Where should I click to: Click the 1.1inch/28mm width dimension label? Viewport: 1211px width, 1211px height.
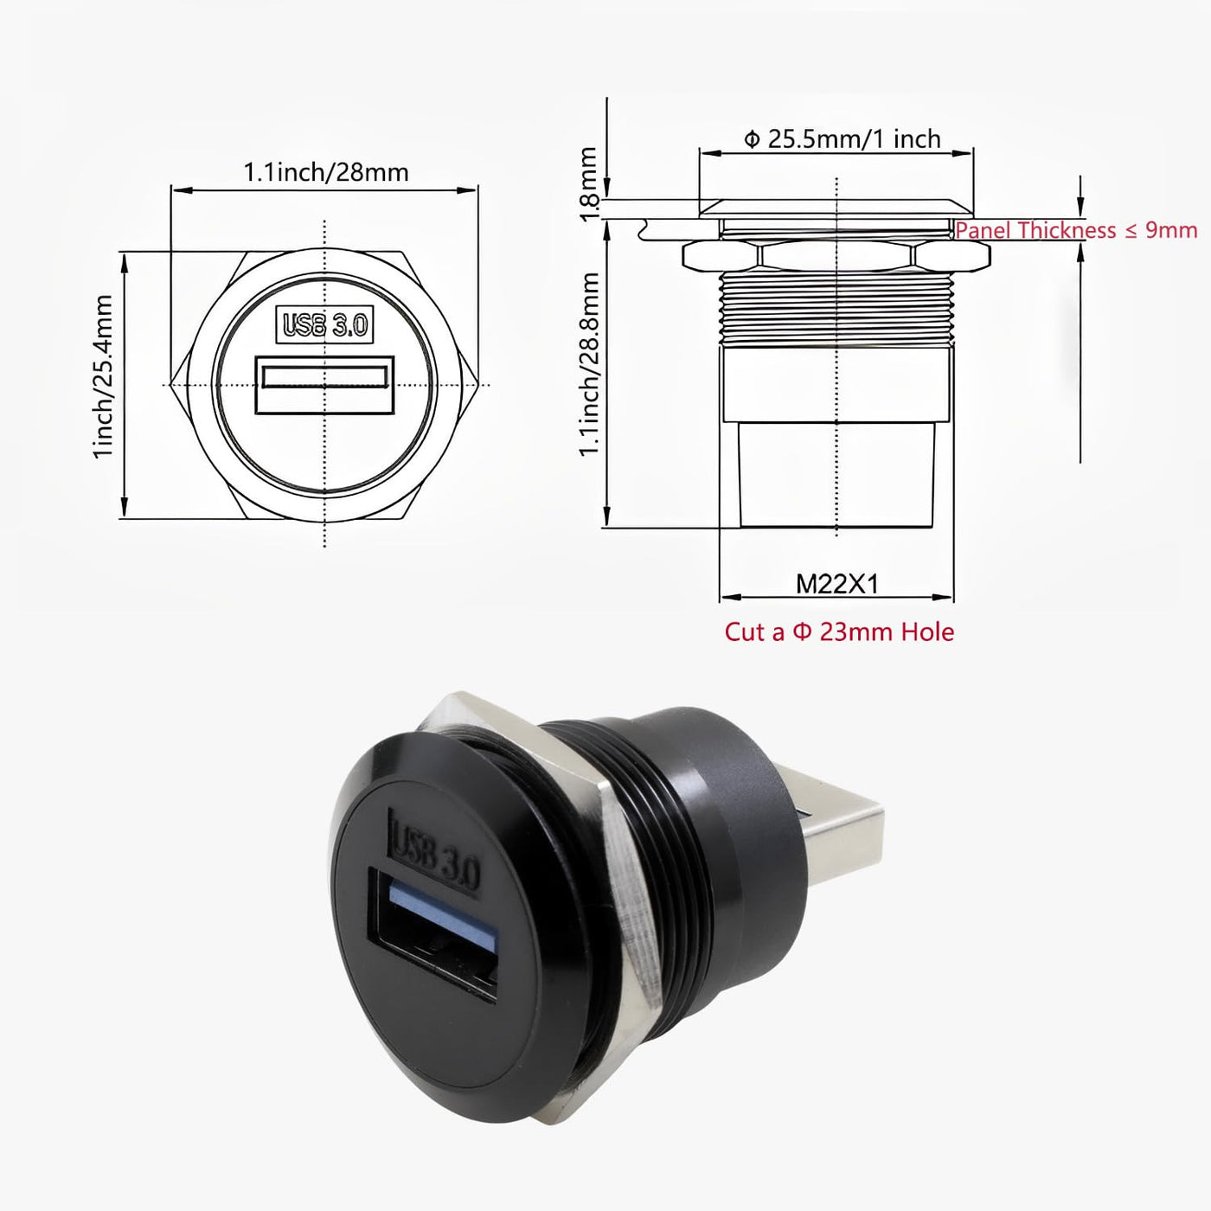(325, 172)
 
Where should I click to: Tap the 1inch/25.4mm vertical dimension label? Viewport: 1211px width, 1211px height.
(102, 377)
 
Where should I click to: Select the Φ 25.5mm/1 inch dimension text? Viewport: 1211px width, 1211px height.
(843, 139)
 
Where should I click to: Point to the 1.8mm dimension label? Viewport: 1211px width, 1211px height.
(588, 184)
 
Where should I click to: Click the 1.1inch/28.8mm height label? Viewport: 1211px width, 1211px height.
(588, 364)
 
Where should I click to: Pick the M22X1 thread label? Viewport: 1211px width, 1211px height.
(836, 585)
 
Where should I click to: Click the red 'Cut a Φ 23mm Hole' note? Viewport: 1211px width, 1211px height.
(840, 631)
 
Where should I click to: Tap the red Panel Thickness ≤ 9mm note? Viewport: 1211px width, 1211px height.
(1077, 230)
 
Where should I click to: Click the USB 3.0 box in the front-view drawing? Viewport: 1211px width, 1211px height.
(325, 325)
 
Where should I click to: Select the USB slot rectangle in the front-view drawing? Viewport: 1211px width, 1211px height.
(324, 385)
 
